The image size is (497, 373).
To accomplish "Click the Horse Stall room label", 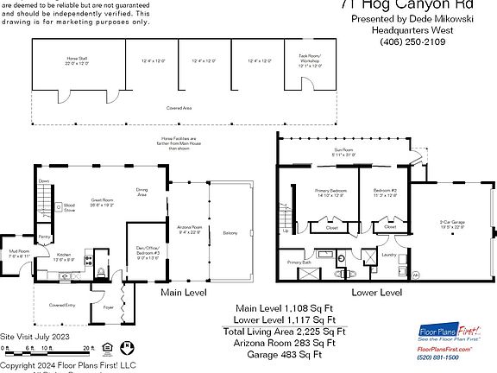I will point(78,60).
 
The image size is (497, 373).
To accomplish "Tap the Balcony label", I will point(230,233).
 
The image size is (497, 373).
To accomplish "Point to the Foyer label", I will point(109,307).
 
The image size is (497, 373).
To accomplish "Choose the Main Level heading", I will point(187,293).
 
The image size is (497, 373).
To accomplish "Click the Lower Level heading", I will point(376,293).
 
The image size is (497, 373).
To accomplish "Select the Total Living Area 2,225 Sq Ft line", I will point(285,331).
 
